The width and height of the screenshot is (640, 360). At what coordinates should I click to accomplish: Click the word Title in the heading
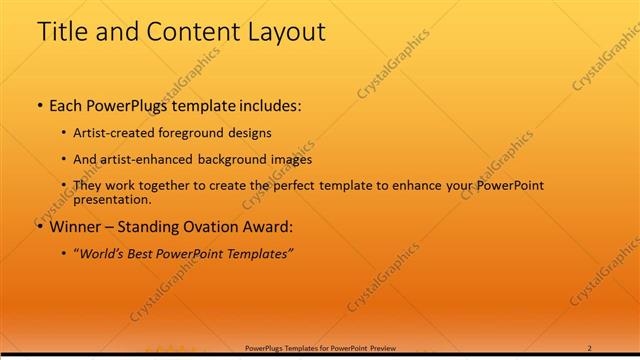coord(62,32)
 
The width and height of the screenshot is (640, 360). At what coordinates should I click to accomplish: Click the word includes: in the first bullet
coord(267,104)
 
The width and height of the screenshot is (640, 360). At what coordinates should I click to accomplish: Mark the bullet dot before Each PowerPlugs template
coord(39,105)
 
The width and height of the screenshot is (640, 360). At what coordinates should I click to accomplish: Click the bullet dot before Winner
coord(39,227)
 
